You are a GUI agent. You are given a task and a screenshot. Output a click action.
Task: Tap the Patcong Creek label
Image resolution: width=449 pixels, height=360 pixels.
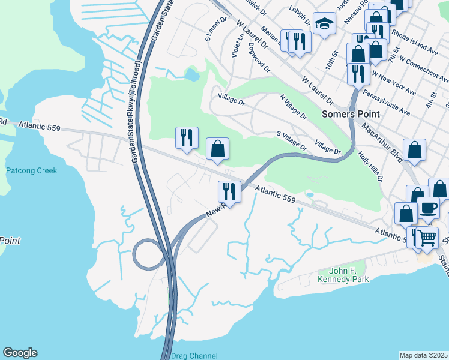[31, 170]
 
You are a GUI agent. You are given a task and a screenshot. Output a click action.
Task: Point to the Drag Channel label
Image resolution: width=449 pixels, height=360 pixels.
[194, 355]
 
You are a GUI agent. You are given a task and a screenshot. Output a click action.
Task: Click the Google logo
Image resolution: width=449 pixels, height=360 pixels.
[20, 353]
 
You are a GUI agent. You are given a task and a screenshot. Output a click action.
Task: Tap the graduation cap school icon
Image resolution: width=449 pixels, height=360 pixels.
[324, 24]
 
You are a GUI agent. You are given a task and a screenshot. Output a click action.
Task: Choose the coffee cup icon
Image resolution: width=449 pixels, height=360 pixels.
[428, 208]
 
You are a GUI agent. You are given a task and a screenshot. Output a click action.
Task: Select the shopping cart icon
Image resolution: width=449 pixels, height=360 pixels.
[427, 237]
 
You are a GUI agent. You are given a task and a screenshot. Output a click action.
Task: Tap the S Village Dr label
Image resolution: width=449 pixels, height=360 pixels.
[291, 142]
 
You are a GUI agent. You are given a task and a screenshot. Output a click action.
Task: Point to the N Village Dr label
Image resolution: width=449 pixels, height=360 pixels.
[293, 107]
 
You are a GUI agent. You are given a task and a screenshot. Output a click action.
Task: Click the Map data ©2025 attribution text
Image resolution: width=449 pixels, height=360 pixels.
[424, 355]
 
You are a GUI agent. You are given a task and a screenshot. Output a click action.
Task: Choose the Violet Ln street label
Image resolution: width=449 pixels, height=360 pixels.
[237, 46]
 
